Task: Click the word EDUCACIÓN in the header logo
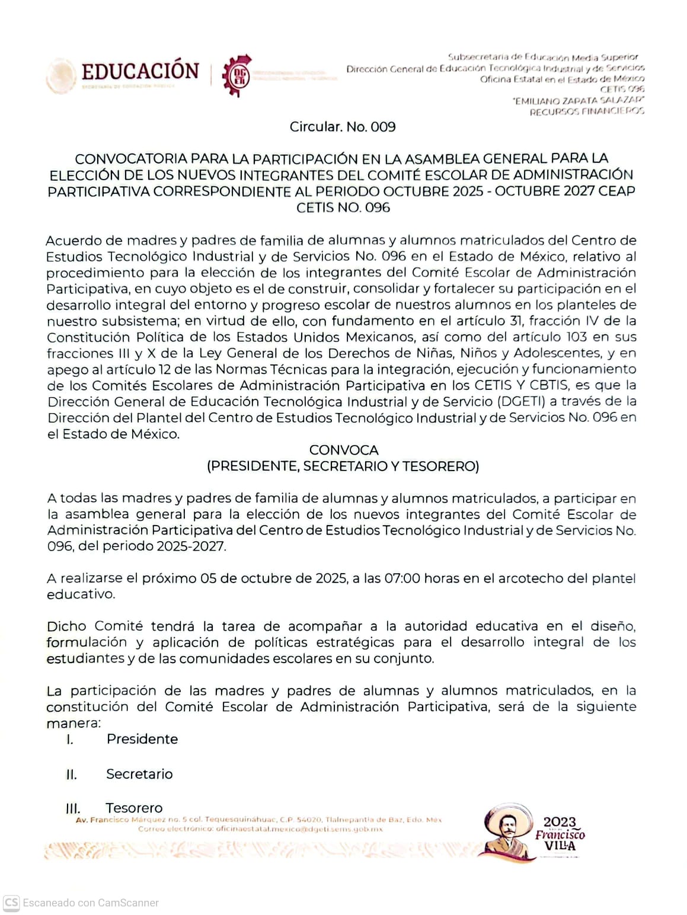pos(140,72)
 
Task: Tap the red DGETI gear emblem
pos(237,75)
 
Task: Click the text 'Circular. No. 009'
pos(343,127)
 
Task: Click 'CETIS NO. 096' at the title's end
pos(343,207)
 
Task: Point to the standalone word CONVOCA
pos(344,450)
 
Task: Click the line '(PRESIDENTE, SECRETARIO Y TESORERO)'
pos(343,466)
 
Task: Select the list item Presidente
pos(142,739)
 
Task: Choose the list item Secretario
pos(139,774)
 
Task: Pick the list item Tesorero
pos(134,808)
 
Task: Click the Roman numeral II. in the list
pos(72,775)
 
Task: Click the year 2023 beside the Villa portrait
pos(560,822)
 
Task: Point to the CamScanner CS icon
pos(11,903)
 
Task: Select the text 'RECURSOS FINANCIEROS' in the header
pos(586,111)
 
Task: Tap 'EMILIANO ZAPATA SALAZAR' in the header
pos(579,101)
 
